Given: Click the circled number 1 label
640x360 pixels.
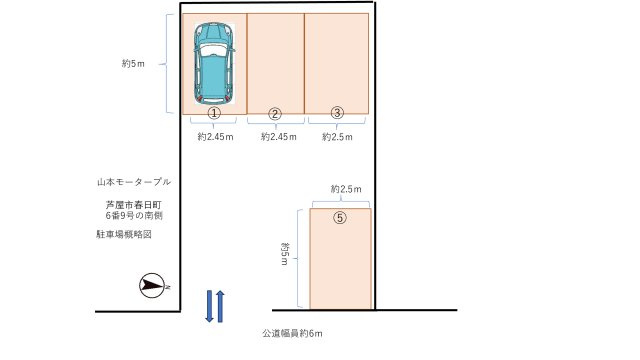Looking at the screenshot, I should [x=213, y=113].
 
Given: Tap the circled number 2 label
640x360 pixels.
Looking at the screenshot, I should [x=276, y=113].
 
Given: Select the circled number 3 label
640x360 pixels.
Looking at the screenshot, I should [x=338, y=113].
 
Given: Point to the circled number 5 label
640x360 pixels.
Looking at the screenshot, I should [x=340, y=218].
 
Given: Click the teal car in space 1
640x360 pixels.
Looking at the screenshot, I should [x=213, y=62].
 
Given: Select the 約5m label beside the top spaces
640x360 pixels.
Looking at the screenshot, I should [x=133, y=63].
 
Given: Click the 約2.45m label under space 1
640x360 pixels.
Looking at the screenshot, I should [x=215, y=136].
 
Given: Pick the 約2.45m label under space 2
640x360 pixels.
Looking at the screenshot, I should [x=278, y=136].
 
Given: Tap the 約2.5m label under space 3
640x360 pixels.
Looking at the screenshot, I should [x=338, y=136].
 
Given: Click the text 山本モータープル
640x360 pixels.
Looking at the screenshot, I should [x=133, y=183].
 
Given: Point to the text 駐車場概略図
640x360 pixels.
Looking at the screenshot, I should [x=125, y=233].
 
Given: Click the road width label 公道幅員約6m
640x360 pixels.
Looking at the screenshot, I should [x=292, y=333].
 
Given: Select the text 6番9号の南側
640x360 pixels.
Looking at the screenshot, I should [x=134, y=215].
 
